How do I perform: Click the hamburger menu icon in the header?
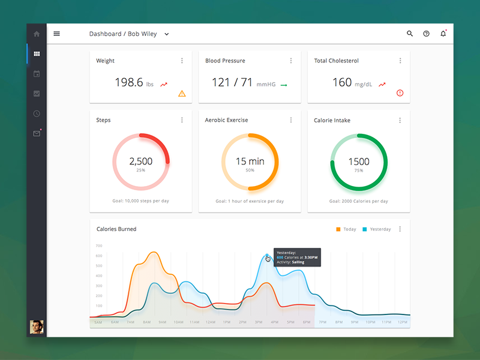[57, 34]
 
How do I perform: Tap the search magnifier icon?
[410, 34]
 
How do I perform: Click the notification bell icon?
[443, 34]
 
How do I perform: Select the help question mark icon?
[427, 34]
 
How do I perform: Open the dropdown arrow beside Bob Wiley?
[167, 34]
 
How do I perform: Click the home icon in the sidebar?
[37, 34]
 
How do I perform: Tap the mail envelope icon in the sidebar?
[37, 133]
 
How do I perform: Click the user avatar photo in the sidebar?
[37, 326]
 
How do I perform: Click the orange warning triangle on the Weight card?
[182, 94]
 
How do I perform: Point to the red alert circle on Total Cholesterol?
[400, 93]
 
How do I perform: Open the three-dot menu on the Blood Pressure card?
[291, 61]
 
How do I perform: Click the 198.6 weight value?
[129, 83]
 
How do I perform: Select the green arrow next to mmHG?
[284, 85]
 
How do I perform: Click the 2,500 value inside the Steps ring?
[141, 161]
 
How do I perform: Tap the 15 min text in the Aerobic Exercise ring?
[250, 161]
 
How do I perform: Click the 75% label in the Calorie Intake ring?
[359, 170]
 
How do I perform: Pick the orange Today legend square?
[338, 229]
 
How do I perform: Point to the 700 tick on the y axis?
[98, 246]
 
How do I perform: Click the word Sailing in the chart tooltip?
[310, 262]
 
